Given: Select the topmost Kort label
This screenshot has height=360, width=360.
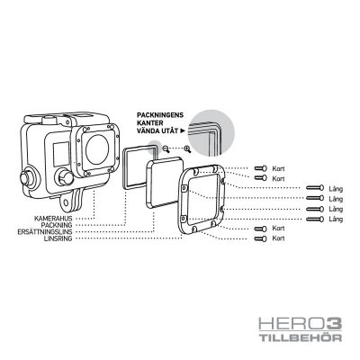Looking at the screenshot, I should (x=279, y=169).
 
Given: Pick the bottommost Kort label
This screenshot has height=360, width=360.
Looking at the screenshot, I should (x=279, y=238).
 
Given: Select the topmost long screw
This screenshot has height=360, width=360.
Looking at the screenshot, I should (x=314, y=188).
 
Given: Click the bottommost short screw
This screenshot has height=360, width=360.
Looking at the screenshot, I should (x=260, y=238).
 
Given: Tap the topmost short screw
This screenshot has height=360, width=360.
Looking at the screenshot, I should (x=260, y=169).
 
